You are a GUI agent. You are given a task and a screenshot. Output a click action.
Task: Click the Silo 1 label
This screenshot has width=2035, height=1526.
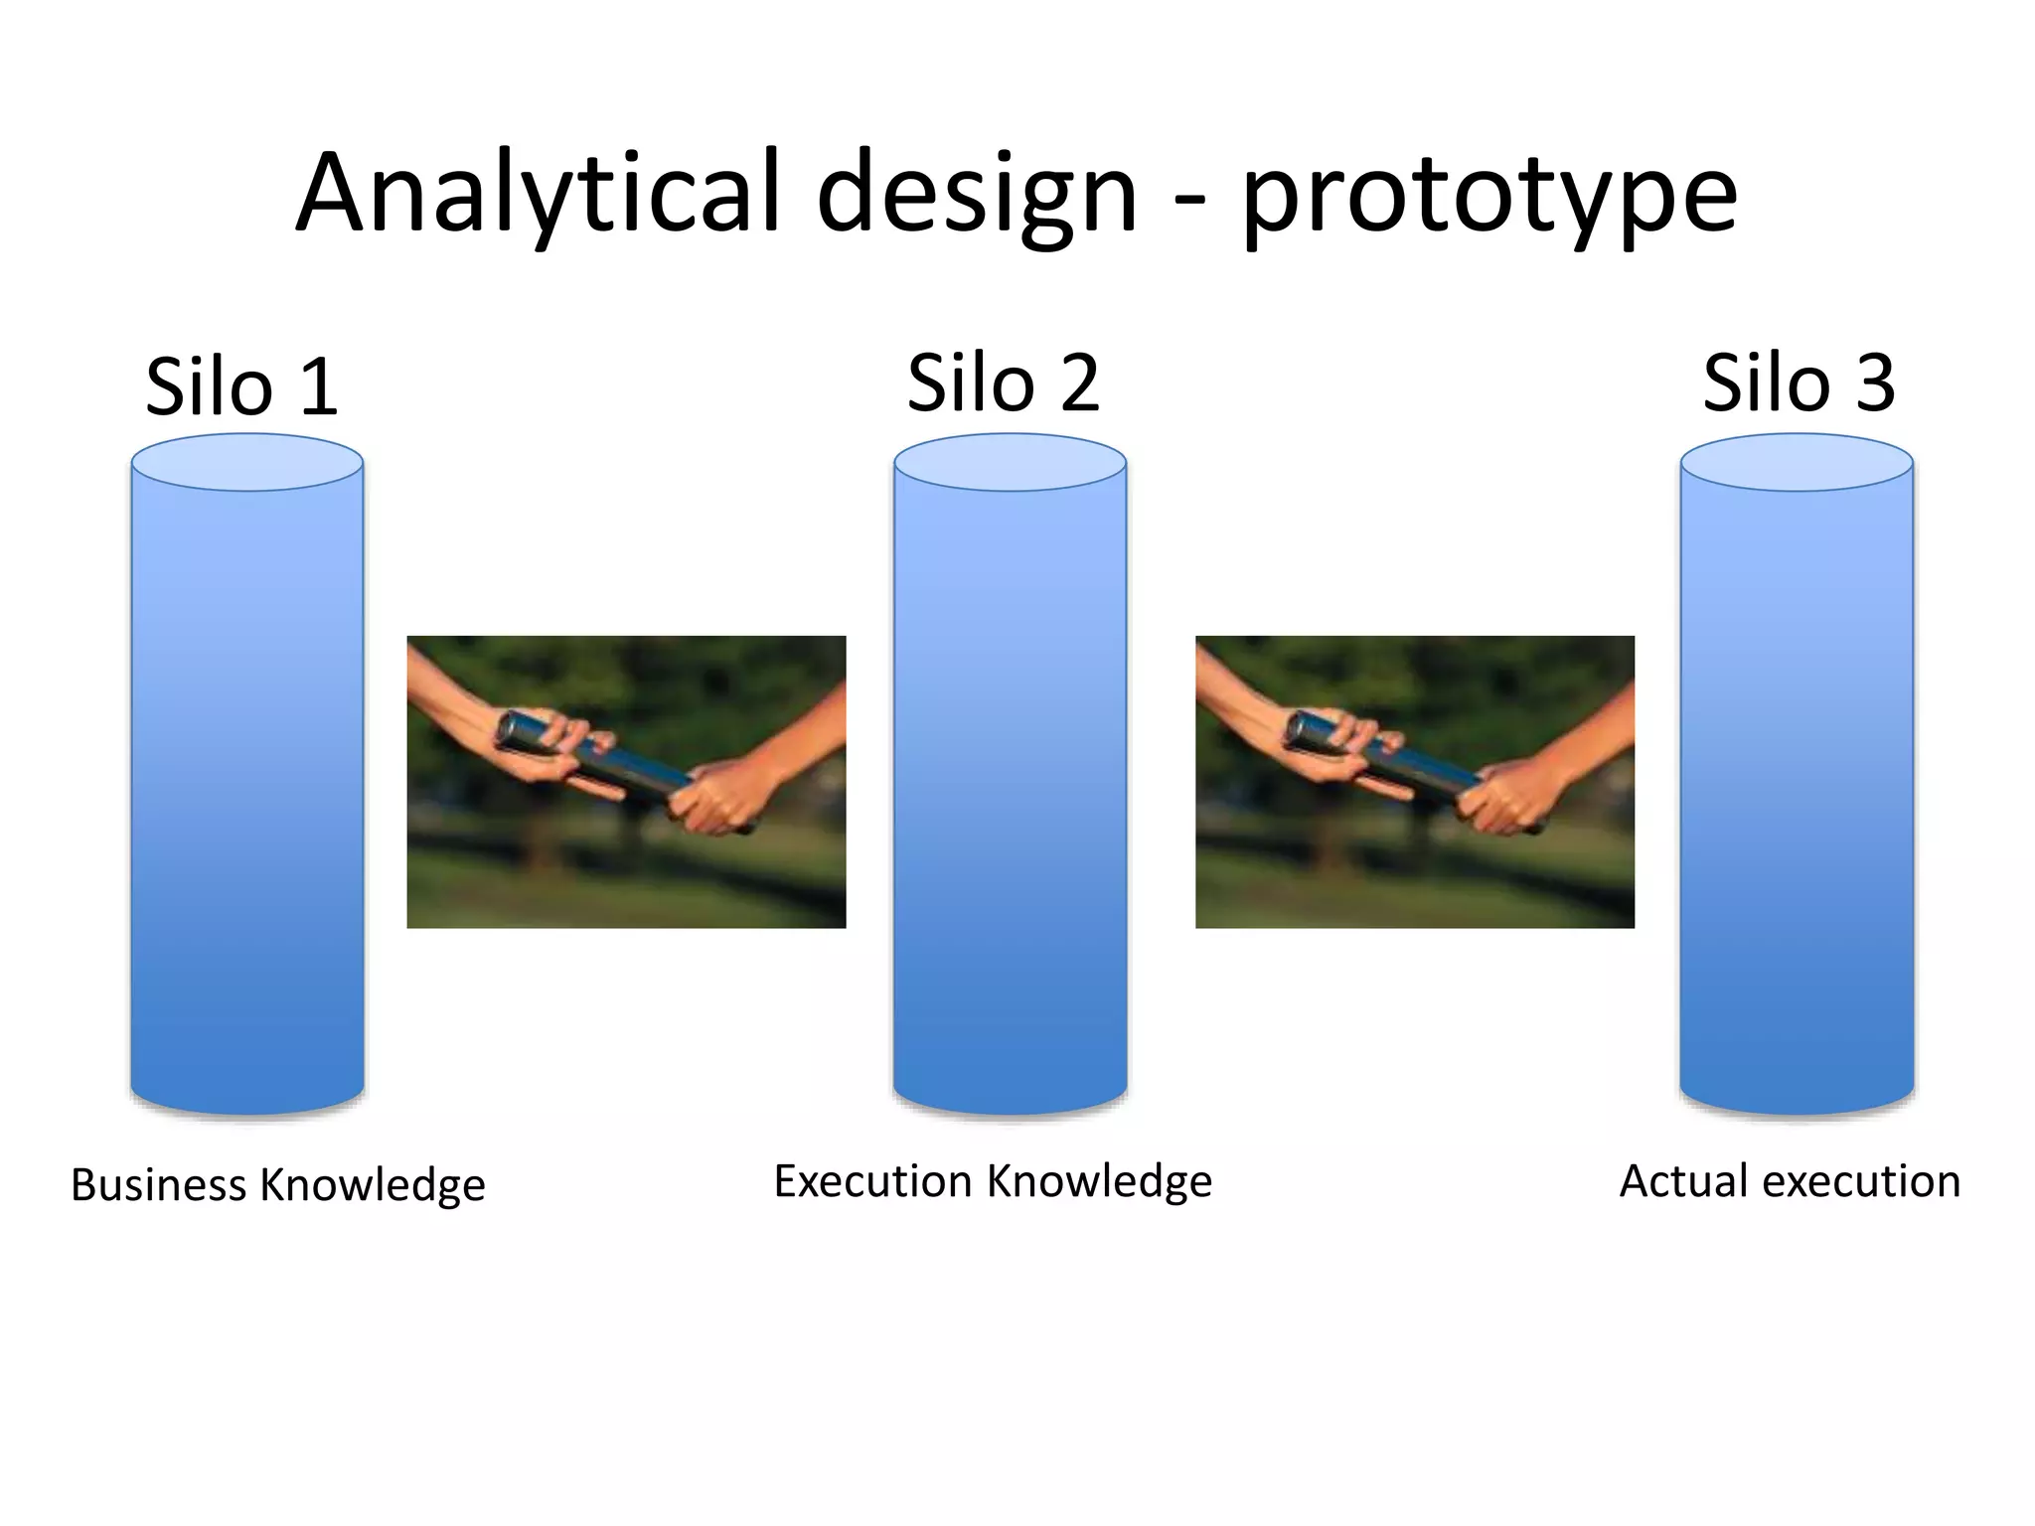point(241,385)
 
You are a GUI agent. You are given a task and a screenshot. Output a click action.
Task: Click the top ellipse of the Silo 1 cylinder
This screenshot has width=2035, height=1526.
point(247,462)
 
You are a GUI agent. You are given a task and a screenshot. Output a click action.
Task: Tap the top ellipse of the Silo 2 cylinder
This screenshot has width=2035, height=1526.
point(1010,462)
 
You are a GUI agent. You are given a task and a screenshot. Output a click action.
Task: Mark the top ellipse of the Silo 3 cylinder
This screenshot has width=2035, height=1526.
point(1797,462)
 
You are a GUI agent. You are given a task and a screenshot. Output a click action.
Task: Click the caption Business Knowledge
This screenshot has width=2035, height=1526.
point(277,1184)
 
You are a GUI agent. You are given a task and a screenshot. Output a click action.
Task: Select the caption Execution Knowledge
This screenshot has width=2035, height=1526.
point(992,1180)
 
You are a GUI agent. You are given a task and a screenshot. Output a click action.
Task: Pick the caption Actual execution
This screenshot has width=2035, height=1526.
point(1790,1180)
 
